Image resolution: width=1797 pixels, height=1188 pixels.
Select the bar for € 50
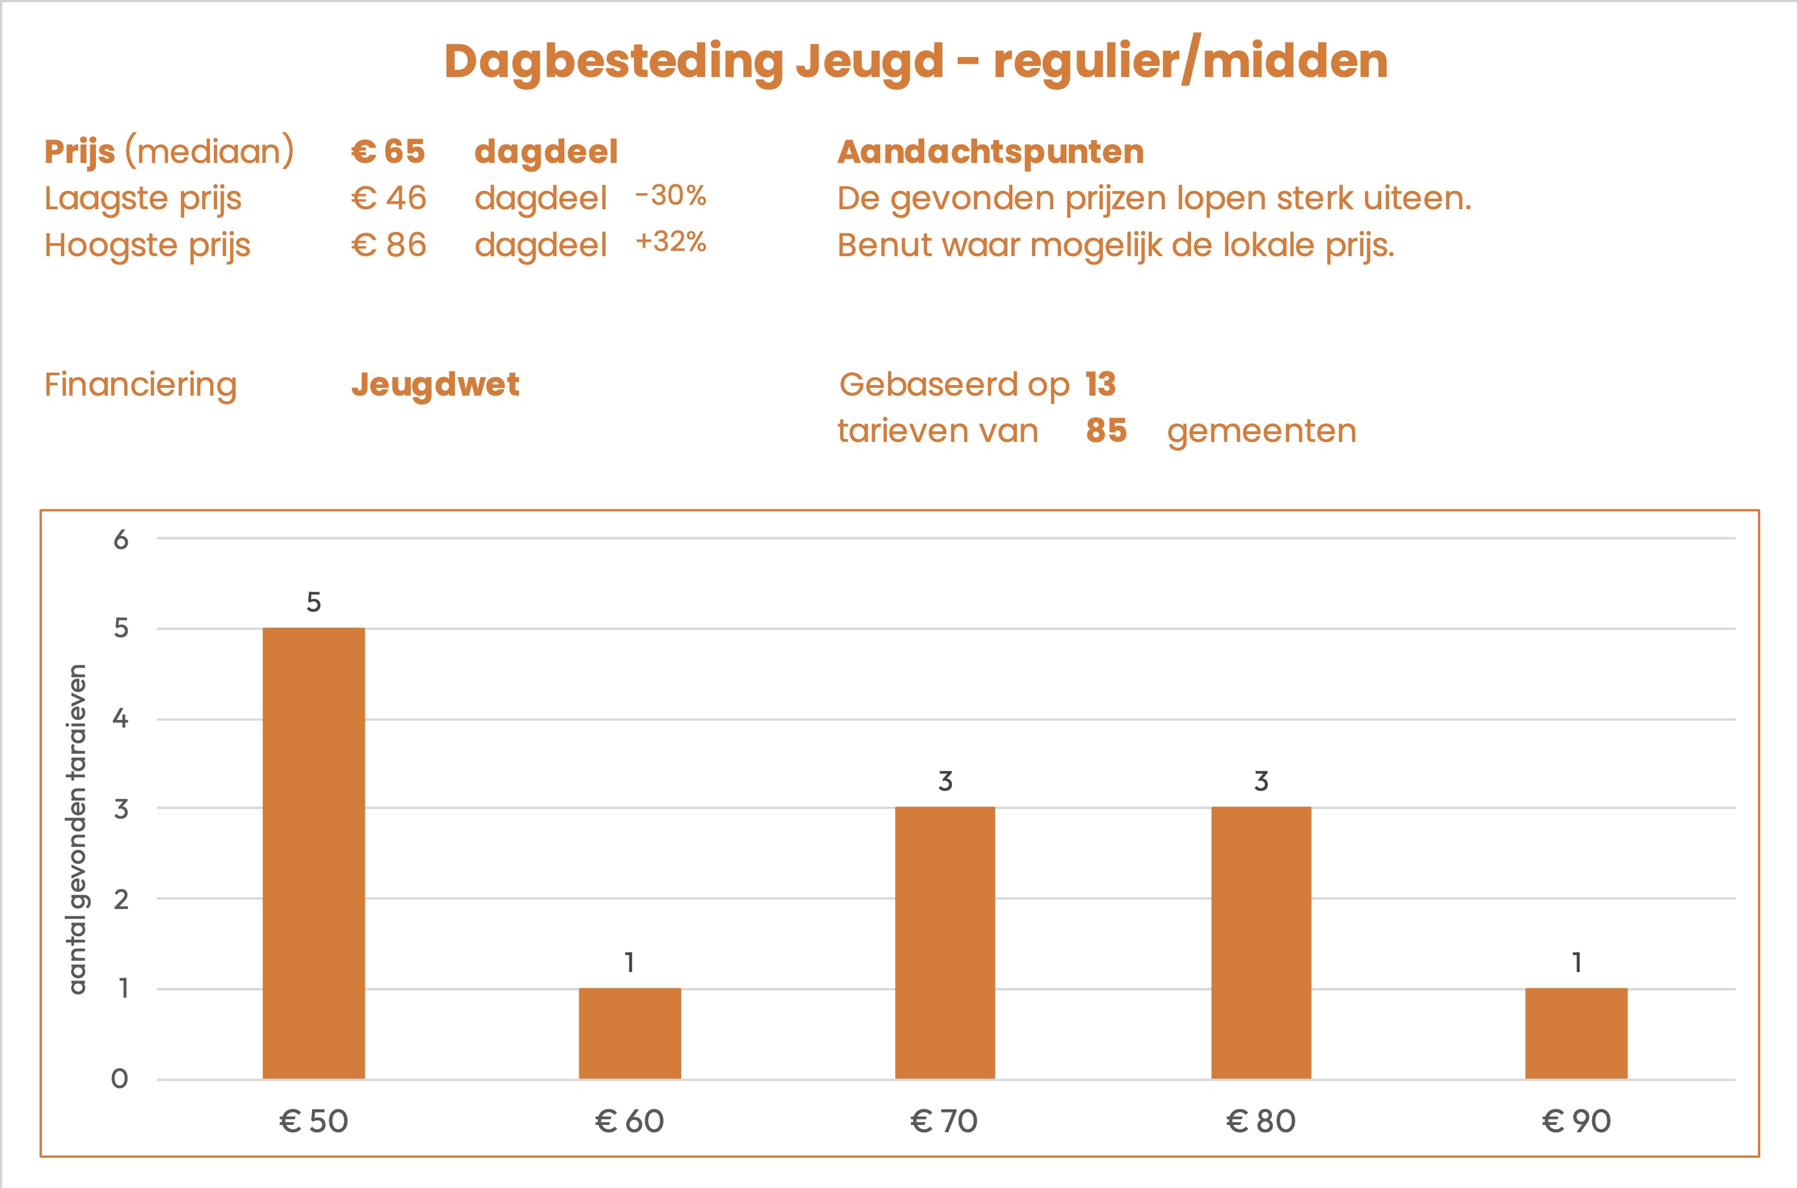(x=314, y=853)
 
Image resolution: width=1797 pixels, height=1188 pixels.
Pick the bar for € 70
(x=945, y=942)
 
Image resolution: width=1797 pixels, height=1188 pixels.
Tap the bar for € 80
(x=1261, y=942)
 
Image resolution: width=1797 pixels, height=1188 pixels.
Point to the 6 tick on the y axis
(x=121, y=540)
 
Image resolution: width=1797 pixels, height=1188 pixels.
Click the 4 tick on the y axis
(x=121, y=718)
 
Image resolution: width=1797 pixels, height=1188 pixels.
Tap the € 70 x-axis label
(x=944, y=1122)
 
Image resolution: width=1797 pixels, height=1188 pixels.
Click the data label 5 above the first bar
(x=314, y=602)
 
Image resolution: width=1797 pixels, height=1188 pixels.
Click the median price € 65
(x=388, y=152)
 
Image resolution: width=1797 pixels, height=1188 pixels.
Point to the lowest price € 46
(x=388, y=199)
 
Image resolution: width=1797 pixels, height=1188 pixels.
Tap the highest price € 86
(x=388, y=246)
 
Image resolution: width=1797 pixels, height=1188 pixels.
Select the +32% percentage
(x=670, y=242)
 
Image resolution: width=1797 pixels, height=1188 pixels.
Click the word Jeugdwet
(x=435, y=385)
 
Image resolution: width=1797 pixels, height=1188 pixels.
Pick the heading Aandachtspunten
(x=990, y=152)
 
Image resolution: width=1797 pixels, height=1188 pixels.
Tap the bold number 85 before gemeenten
(x=1106, y=430)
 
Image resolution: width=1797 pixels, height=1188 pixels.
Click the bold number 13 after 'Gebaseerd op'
(x=1100, y=384)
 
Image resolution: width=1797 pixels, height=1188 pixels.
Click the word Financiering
(x=141, y=385)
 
